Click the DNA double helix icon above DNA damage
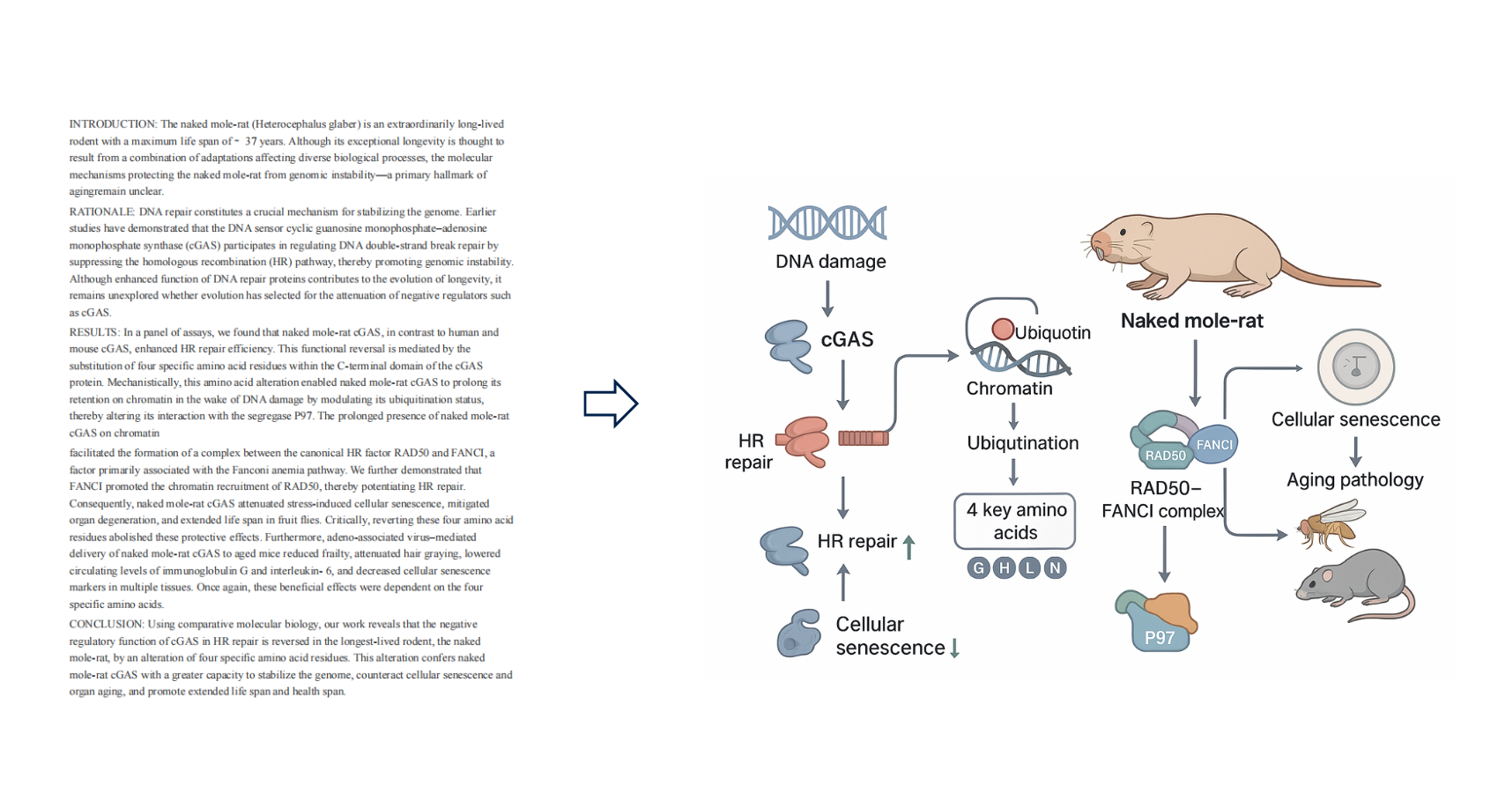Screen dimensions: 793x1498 (x=827, y=223)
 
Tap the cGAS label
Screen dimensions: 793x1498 (x=847, y=339)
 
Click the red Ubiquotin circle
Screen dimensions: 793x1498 (x=1003, y=329)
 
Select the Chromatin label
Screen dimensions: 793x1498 (x=1009, y=389)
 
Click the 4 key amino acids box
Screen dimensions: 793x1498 (x=1015, y=521)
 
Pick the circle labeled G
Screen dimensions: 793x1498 (x=978, y=568)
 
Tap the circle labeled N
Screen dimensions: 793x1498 (x=1055, y=568)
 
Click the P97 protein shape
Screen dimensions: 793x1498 (x=1158, y=621)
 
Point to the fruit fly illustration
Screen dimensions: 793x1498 (x=1329, y=523)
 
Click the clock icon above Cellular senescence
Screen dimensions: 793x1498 (x=1355, y=367)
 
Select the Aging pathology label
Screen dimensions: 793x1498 (x=1354, y=480)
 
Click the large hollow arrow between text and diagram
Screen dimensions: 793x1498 (x=611, y=404)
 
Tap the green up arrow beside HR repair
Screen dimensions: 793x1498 (x=909, y=546)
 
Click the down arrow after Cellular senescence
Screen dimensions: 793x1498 (x=954, y=648)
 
